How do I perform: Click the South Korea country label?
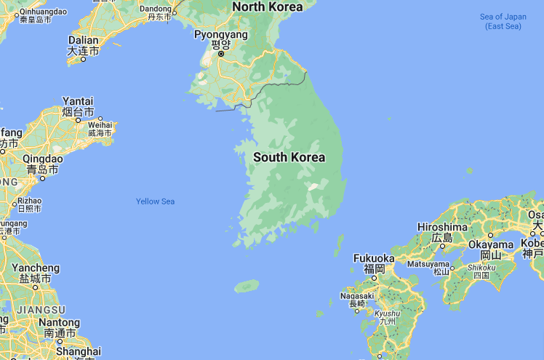click(289, 157)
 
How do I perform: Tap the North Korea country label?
click(267, 7)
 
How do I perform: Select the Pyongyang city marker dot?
click(221, 53)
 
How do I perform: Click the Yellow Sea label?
click(156, 201)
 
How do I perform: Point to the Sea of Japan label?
click(503, 21)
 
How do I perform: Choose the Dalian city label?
click(83, 41)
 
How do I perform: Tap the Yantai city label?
click(78, 101)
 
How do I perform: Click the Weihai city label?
click(100, 125)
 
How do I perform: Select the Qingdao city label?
click(43, 159)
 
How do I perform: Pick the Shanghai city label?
click(78, 351)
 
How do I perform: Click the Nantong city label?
click(59, 322)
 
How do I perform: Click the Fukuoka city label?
click(374, 258)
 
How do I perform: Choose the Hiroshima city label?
click(442, 227)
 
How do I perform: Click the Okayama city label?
click(490, 245)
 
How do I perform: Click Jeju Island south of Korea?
click(247, 286)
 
